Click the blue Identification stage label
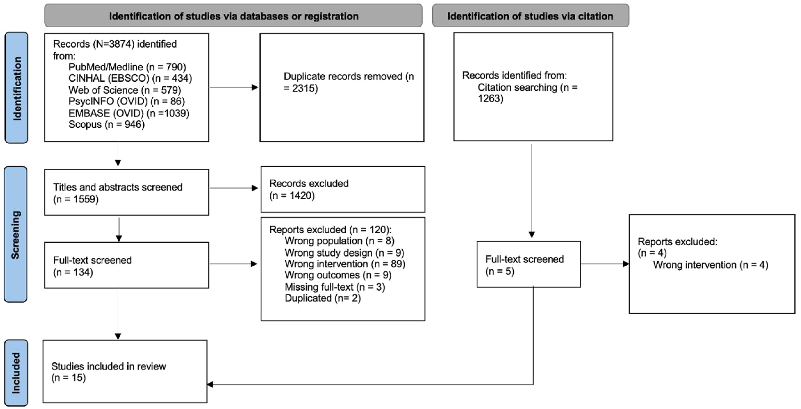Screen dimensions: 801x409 coord(16,87)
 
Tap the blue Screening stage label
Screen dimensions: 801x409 coord(16,234)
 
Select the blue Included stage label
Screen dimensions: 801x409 coord(16,373)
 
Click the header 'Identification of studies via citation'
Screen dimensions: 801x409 coord(530,16)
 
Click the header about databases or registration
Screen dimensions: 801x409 coord(233,16)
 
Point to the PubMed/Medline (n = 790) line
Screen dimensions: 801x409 coord(127,67)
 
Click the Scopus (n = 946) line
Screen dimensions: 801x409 coord(107,124)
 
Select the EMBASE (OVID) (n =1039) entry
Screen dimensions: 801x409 coord(129,113)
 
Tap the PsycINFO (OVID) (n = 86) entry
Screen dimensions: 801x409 coord(126,101)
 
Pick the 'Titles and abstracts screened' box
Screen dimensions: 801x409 coord(126,192)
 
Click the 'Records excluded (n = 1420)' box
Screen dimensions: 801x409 coord(343,189)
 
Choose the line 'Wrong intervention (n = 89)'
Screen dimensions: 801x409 coord(345,264)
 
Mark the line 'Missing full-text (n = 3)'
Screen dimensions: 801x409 coord(335,287)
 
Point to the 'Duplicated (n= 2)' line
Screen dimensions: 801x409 coord(323,298)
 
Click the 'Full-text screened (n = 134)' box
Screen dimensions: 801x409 coord(126,265)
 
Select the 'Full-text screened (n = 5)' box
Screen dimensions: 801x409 coord(528,264)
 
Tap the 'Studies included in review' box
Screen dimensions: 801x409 coord(125,371)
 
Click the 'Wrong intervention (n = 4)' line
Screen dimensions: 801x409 coord(710,265)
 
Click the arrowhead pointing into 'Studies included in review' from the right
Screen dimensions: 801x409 coord(210,384)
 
